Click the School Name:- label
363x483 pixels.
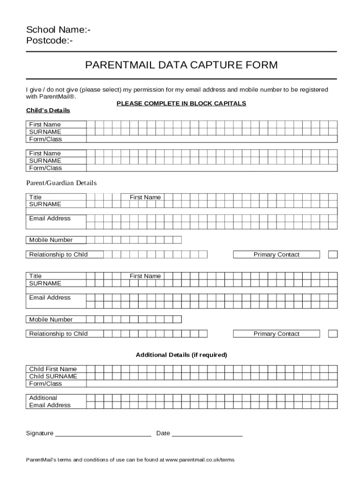coord(58,30)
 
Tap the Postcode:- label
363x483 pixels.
coord(49,41)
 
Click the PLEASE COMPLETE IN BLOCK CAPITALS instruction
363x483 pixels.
coord(181,103)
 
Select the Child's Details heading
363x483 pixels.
coord(48,110)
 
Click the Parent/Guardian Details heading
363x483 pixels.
coord(61,183)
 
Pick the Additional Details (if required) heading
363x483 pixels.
coord(181,355)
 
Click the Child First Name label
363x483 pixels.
coord(53,369)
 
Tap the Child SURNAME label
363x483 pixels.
coord(53,376)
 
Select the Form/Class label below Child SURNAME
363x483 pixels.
coord(45,383)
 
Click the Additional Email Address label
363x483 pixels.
coord(49,401)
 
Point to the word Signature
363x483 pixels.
coord(40,433)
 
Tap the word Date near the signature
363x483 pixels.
coord(163,433)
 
